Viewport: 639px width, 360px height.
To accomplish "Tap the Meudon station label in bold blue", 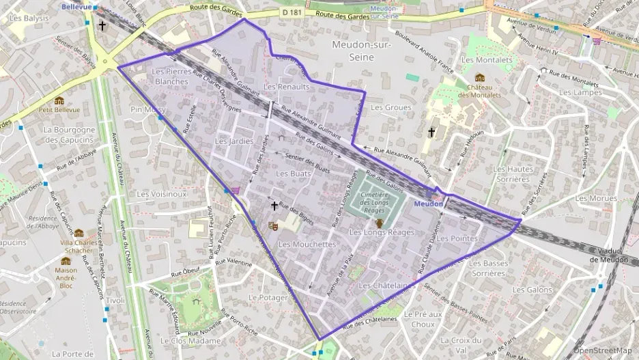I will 429,204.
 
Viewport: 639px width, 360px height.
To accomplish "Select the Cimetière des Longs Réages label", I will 374,202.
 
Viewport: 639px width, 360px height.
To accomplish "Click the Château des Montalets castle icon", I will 480,78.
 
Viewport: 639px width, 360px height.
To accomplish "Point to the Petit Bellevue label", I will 59,109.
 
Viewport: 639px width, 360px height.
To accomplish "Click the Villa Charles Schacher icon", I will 79,234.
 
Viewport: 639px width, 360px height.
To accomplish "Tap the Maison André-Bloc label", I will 66,273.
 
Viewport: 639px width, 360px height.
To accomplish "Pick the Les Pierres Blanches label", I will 170,76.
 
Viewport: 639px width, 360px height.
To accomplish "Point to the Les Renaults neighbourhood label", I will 287,87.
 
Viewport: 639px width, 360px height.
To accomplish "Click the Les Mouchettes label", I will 307,244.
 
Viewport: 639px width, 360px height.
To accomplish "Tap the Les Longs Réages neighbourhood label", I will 382,233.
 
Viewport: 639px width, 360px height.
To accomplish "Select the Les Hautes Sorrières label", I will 513,174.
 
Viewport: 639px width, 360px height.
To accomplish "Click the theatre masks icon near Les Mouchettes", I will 273,225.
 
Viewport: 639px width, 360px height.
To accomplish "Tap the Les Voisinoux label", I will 162,194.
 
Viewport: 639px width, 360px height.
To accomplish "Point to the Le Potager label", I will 268,298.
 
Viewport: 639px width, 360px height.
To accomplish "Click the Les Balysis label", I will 29,18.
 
